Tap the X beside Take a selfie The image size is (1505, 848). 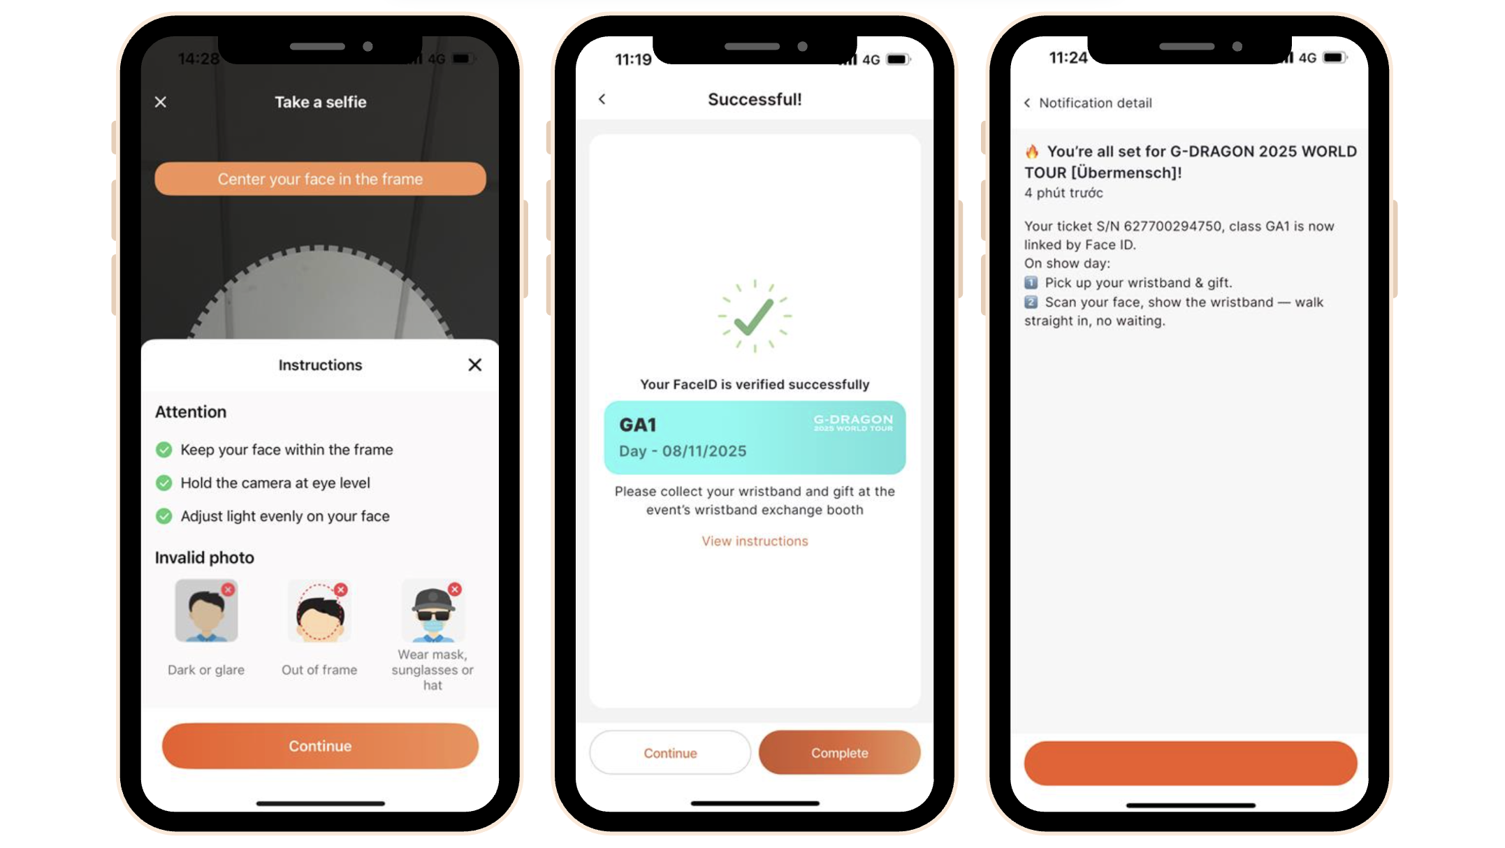click(161, 102)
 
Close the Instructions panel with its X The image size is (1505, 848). click(475, 365)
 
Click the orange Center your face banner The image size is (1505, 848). click(320, 179)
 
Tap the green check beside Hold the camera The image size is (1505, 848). click(164, 483)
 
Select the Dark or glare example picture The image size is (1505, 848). click(206, 611)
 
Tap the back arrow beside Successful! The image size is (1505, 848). click(602, 99)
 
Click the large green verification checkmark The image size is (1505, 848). click(755, 316)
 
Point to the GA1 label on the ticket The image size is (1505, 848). click(638, 425)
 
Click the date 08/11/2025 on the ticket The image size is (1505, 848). click(704, 451)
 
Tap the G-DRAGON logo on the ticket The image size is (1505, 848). click(853, 422)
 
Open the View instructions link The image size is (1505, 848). click(755, 541)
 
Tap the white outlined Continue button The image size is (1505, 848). click(670, 752)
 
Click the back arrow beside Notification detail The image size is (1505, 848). click(1027, 103)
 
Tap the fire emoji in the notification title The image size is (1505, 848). click(1032, 152)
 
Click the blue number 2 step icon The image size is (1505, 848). click(1031, 302)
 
